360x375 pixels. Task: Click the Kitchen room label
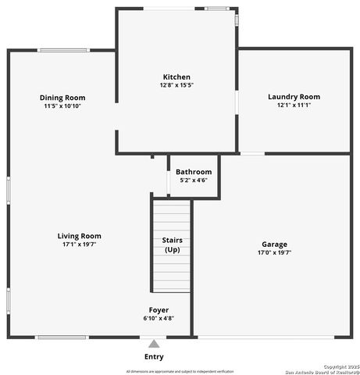[x=176, y=77]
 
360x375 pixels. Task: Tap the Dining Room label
[x=62, y=97]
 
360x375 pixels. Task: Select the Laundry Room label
[x=294, y=97]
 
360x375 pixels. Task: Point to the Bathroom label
[x=193, y=172]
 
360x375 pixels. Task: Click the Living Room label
[x=79, y=236]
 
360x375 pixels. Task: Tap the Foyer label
[x=159, y=310]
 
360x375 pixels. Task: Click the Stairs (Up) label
[x=172, y=245]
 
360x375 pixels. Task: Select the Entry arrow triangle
[x=155, y=344]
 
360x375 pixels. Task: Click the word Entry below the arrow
[x=155, y=357]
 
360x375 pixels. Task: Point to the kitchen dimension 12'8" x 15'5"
[x=176, y=85]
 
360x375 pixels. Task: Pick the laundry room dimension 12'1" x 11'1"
[x=294, y=105]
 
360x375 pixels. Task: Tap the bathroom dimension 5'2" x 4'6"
[x=193, y=180]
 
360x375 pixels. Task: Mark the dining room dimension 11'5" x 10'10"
[x=62, y=105]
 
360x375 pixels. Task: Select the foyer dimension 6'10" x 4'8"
[x=159, y=319]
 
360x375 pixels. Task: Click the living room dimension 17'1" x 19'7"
[x=79, y=245]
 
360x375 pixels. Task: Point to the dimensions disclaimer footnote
[x=180, y=371]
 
